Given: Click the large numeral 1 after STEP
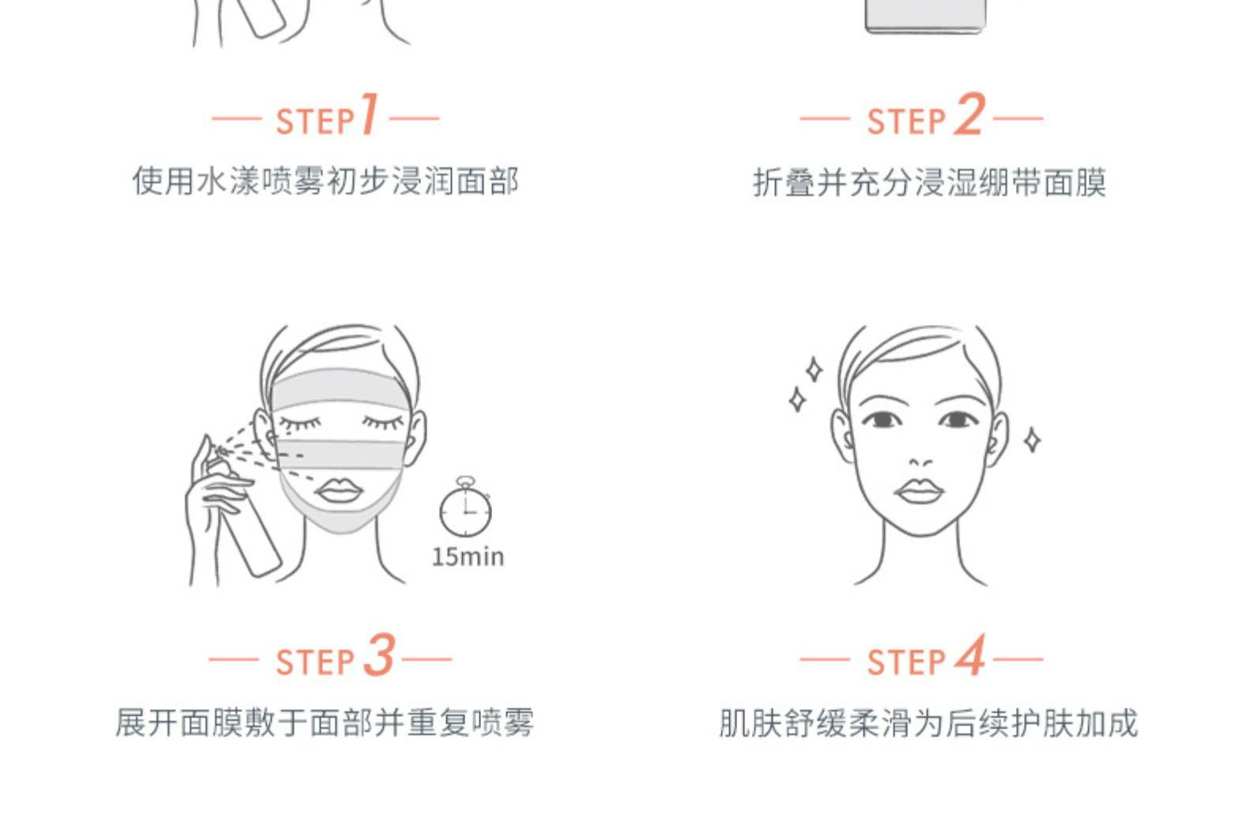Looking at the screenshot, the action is coord(369,114).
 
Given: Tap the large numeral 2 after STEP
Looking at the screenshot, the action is coord(969,115).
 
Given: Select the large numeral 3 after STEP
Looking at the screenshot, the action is coord(380,655).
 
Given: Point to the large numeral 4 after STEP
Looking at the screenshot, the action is coord(970,655).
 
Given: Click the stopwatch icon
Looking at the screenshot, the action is coord(465,507).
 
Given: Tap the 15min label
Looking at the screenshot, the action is coord(468,557).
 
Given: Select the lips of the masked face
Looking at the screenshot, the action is coord(339,491).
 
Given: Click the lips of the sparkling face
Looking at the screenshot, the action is coord(918,491).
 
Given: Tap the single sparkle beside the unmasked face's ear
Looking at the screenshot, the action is coord(1032,440).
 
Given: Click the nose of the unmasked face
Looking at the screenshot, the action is coord(920,462).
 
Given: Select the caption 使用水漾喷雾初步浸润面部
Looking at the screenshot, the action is coord(325,182).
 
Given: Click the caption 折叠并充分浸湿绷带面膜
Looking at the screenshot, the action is coord(930,183).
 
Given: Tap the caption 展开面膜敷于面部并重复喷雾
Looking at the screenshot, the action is coord(325,723).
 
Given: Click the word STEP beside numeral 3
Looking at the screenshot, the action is coord(315,662).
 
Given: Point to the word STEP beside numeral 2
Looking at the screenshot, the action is coord(906,122).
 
